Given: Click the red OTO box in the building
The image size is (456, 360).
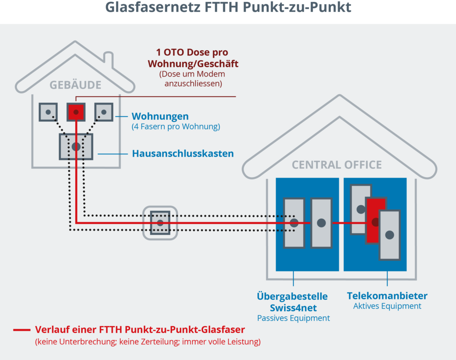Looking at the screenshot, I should (76, 112).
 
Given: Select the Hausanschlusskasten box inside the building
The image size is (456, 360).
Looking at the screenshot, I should (76, 146).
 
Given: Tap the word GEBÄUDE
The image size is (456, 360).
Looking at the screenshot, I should (75, 85).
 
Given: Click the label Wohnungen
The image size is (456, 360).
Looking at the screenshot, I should (160, 117).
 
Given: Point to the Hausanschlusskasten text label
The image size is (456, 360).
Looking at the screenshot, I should (183, 154).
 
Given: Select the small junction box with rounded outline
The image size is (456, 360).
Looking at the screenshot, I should (160, 222).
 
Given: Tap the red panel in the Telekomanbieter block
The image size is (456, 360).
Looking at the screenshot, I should (375, 220).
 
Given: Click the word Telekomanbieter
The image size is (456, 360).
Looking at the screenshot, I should (387, 296).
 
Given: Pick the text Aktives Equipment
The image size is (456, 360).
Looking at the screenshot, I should (387, 306).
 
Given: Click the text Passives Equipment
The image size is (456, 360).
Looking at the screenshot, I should (293, 318).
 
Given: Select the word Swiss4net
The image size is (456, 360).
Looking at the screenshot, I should (292, 307).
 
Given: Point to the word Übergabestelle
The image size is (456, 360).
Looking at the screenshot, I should (292, 296).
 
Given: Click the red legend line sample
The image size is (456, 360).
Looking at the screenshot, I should (21, 330).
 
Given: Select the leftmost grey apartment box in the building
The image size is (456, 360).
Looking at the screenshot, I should (48, 112).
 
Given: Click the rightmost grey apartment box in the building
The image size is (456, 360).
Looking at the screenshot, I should (104, 112).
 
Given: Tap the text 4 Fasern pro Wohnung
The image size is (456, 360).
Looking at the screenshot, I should (176, 127).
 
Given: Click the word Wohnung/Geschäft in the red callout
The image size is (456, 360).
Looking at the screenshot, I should (193, 64).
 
